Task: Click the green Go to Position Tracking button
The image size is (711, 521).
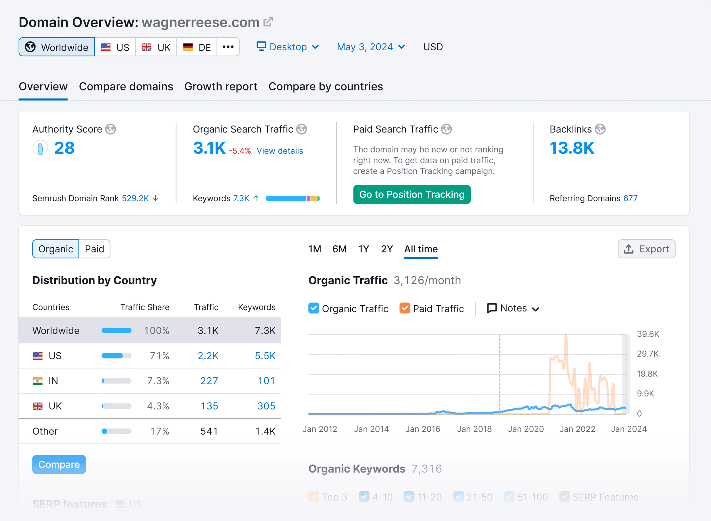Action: point(412,194)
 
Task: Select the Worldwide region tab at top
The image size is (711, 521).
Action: point(57,47)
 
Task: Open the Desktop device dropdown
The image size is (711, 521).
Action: point(288,47)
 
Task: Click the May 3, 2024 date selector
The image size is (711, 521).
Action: point(371,47)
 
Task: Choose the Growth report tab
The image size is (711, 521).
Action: point(221,87)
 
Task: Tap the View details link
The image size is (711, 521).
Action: point(280,151)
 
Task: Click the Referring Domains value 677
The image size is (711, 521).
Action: point(630,198)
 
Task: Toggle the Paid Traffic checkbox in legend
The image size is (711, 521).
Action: point(405,308)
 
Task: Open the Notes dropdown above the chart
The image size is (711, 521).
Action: point(513,308)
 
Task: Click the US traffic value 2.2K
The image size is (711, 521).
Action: point(208,356)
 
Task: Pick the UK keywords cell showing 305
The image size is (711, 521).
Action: point(266,406)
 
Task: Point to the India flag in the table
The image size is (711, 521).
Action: point(38,381)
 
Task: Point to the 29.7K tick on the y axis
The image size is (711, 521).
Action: point(647,354)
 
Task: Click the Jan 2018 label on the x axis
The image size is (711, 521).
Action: point(474,429)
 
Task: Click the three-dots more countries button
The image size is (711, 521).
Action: point(228,47)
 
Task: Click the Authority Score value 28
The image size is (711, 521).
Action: point(64,148)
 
